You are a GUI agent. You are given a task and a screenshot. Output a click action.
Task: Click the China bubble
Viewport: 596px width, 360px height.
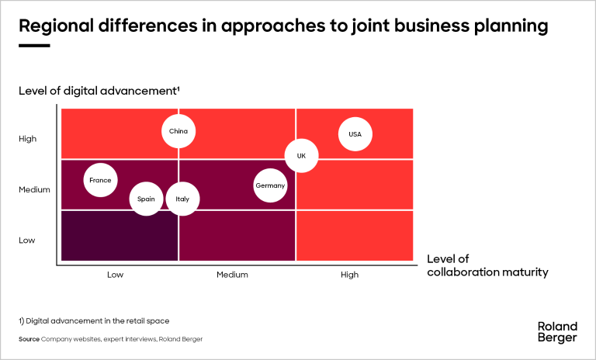(178, 131)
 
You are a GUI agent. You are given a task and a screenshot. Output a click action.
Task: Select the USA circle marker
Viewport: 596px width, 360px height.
(355, 134)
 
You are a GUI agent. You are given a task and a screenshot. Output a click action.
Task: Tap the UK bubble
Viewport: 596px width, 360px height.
(301, 156)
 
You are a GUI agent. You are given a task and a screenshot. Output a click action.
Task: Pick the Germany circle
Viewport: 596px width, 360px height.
(270, 185)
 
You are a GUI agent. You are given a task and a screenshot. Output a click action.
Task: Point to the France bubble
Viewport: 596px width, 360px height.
(100, 181)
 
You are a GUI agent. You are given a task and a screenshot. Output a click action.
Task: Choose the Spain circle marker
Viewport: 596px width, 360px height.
(146, 199)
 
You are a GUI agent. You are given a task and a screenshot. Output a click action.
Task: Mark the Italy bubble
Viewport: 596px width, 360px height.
(182, 199)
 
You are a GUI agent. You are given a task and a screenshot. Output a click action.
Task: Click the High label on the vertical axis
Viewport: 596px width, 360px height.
(27, 139)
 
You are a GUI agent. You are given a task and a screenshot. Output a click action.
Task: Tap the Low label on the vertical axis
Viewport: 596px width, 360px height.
(26, 241)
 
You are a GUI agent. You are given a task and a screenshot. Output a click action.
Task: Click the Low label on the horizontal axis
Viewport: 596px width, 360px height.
(115, 275)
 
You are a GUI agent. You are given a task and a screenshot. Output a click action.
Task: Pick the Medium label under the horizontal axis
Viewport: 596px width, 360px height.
(232, 275)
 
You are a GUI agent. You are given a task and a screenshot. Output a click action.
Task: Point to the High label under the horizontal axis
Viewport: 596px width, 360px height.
(350, 275)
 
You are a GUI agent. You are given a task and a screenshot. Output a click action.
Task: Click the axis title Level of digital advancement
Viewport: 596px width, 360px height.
(99, 92)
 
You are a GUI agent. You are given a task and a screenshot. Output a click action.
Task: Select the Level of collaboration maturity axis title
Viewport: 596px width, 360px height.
(487, 265)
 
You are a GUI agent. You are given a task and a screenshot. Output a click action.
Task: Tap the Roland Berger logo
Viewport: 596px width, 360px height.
(557, 332)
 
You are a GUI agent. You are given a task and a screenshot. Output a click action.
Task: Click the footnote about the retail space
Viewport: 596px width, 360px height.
(94, 320)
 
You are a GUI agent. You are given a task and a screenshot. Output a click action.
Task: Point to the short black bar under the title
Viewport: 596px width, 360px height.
(34, 46)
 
